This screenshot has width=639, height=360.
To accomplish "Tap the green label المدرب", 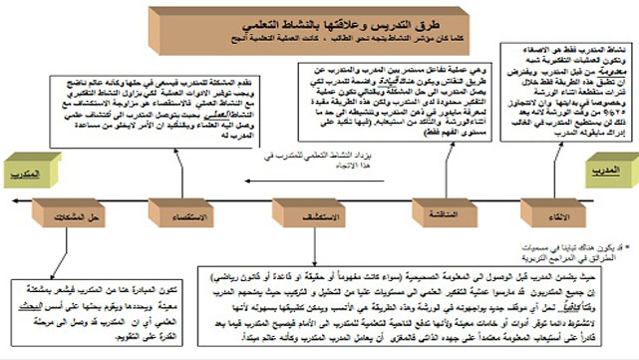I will click(608, 170).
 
